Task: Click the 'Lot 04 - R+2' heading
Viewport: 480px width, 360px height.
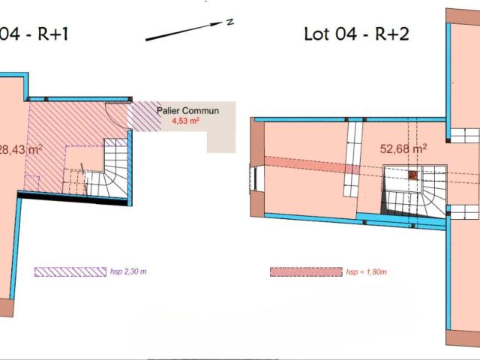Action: tap(356, 34)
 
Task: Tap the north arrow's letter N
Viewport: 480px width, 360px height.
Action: tap(230, 22)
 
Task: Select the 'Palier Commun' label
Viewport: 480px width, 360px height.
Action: tap(187, 110)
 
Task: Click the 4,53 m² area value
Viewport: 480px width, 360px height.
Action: tap(185, 121)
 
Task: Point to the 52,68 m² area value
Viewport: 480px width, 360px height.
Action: tap(403, 148)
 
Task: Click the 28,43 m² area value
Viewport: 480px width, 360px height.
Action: tap(20, 150)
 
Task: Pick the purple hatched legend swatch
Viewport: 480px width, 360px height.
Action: tap(70, 271)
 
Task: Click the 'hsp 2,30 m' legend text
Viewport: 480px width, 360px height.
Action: tap(128, 271)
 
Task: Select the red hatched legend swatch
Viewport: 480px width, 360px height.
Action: tap(306, 271)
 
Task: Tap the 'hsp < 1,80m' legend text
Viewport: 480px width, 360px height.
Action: tap(367, 271)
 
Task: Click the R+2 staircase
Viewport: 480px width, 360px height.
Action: tap(414, 191)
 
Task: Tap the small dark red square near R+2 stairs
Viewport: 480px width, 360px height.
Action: tap(412, 175)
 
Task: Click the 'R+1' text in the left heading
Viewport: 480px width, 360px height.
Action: tap(52, 34)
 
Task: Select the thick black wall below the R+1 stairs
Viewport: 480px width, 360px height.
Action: tap(73, 198)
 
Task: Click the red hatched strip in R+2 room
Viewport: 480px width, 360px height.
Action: tap(312, 165)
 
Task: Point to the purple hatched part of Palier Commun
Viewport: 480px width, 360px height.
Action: tap(145, 116)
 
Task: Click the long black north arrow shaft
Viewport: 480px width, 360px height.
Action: tap(184, 31)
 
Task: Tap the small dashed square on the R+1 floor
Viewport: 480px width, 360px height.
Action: tap(31, 183)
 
